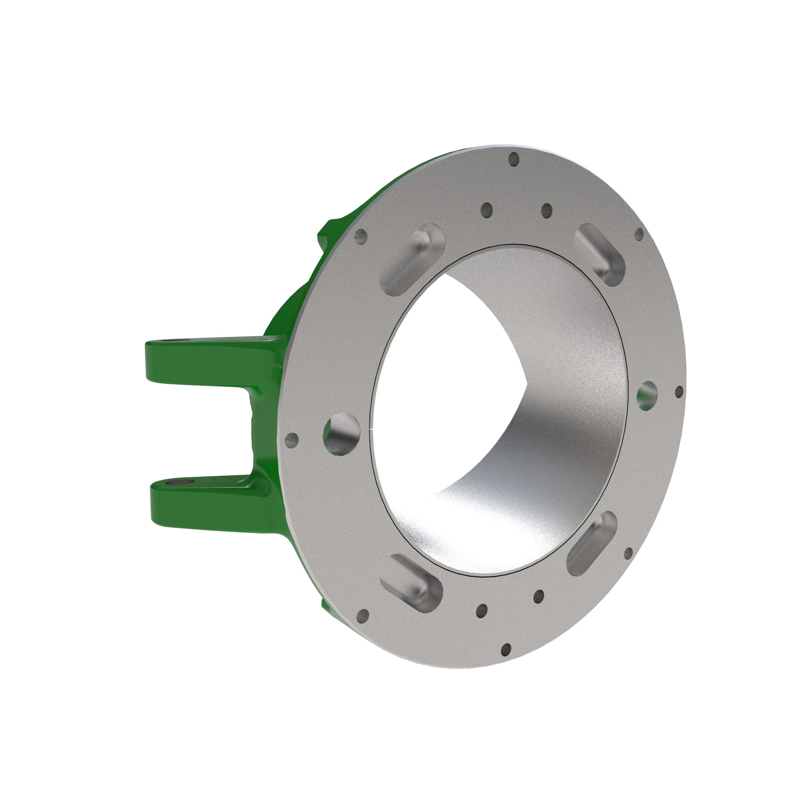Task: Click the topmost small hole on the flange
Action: tap(514, 159)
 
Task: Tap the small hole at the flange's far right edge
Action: tap(679, 391)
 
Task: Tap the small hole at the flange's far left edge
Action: tap(292, 440)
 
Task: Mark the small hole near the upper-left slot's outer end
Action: tap(361, 237)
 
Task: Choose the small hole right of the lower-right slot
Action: tap(628, 553)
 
